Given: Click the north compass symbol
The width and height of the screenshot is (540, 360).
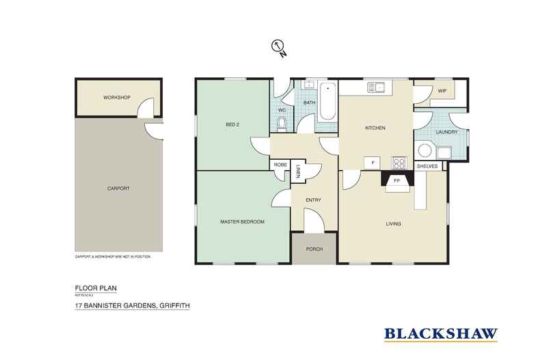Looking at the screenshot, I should [278, 46].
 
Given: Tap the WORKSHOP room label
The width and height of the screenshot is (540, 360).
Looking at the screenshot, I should [117, 98].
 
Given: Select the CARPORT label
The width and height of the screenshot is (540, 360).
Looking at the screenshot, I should [119, 188].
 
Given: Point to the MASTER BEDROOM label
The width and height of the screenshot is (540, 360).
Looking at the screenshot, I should [242, 222].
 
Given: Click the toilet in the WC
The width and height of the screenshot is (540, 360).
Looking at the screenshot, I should [282, 123].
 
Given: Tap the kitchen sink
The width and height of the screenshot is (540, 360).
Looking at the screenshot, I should [376, 87].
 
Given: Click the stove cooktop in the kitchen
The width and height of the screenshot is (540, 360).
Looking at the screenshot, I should [399, 163].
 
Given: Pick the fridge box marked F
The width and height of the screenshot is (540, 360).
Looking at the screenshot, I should [372, 163].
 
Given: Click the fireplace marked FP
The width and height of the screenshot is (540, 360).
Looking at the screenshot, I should [396, 182].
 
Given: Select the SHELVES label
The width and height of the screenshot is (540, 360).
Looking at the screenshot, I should [427, 165].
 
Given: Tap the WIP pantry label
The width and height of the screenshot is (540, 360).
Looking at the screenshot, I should [442, 90].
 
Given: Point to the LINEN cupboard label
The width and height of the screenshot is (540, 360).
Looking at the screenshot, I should [299, 173].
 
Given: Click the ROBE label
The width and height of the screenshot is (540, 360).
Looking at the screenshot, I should [280, 165].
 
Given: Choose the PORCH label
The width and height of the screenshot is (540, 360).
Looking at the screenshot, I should [314, 249].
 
